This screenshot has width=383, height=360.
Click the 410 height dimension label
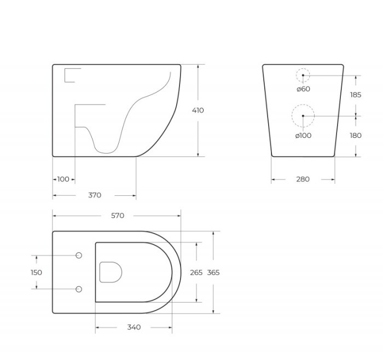pyautogui.click(x=198, y=111)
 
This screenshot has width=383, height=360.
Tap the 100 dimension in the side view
pyautogui.click(x=63, y=179)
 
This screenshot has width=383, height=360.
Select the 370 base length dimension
pyautogui.click(x=95, y=195)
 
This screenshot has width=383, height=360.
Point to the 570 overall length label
pyautogui.click(x=118, y=216)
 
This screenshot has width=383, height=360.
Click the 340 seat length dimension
pyautogui.click(x=134, y=327)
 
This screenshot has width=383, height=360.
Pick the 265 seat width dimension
pyautogui.click(x=196, y=272)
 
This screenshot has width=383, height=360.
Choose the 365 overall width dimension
pyautogui.click(x=213, y=272)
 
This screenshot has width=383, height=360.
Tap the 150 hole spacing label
pyautogui.click(x=37, y=272)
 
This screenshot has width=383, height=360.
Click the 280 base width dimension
pyautogui.click(x=303, y=179)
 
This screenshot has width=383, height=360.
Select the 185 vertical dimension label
pyautogui.click(x=356, y=95)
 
